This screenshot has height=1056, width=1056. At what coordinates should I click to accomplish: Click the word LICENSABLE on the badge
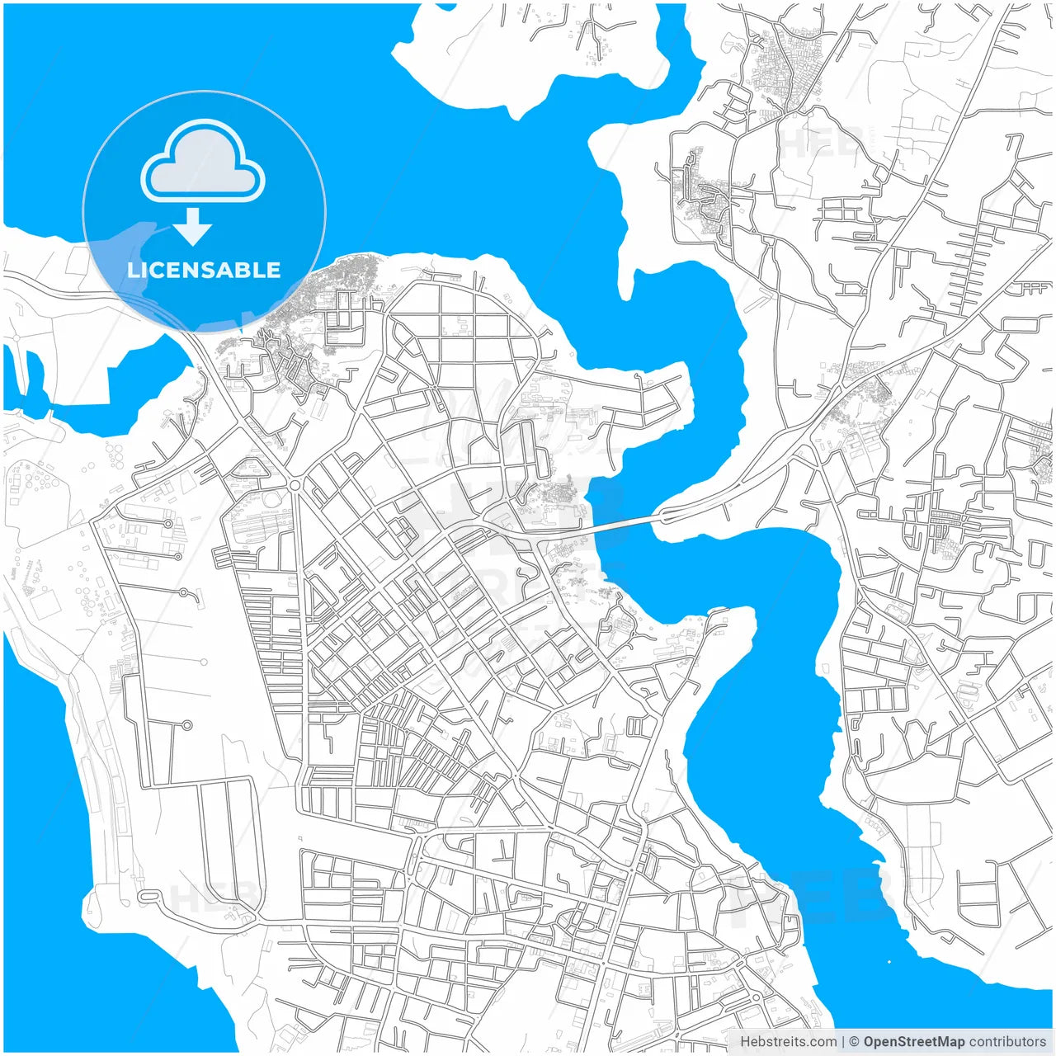204,270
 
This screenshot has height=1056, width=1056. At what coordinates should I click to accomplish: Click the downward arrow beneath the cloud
193,228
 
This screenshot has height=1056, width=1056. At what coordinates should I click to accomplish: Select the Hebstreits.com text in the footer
788,1042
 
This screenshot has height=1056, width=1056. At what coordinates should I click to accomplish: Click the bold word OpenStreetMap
913,1042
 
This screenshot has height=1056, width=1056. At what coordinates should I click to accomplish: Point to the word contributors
1007,1042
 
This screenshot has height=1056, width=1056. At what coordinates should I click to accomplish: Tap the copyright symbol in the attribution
854,1042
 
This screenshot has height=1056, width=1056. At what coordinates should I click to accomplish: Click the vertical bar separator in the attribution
843,1042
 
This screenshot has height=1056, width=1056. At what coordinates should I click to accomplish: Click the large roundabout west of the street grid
295,485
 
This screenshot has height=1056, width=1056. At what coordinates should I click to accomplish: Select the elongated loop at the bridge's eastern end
667,517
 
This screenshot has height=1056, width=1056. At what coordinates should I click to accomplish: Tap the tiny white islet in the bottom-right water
889,961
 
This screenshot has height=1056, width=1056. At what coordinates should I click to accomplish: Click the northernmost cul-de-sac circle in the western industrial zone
168,523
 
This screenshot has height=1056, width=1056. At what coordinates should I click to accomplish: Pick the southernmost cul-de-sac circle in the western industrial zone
186,725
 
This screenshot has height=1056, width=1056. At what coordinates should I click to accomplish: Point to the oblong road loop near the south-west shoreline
148,896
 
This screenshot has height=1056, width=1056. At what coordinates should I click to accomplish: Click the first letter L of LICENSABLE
132,270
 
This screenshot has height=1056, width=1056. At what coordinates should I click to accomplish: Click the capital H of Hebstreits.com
745,1042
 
